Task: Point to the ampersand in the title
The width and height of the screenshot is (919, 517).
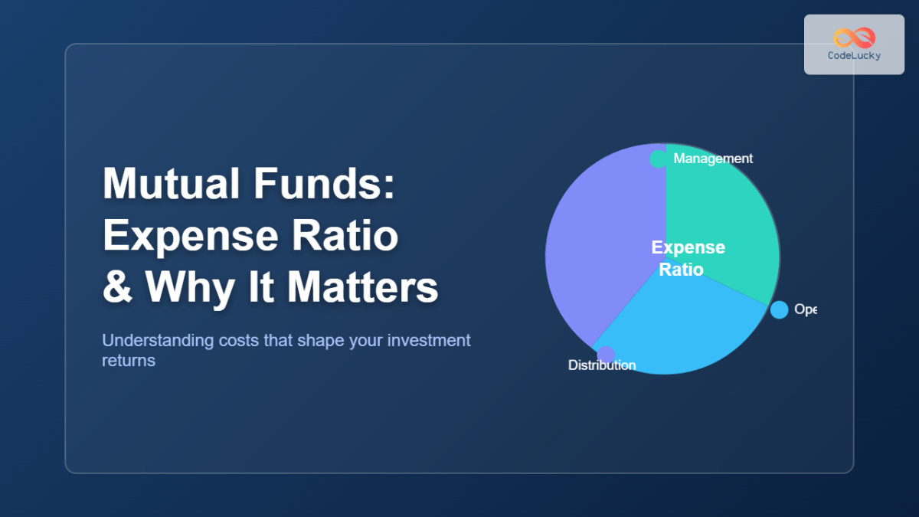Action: click(116, 287)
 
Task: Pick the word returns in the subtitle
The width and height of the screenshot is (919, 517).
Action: click(129, 360)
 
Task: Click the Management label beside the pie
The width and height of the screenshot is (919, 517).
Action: click(713, 159)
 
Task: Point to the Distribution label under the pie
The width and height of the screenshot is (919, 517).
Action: click(602, 365)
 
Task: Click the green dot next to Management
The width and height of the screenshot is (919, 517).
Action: click(658, 159)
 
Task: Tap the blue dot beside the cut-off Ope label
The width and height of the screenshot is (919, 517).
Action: click(779, 309)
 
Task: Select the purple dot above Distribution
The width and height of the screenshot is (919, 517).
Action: click(605, 354)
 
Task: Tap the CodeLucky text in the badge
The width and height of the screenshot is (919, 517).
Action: click(854, 56)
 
